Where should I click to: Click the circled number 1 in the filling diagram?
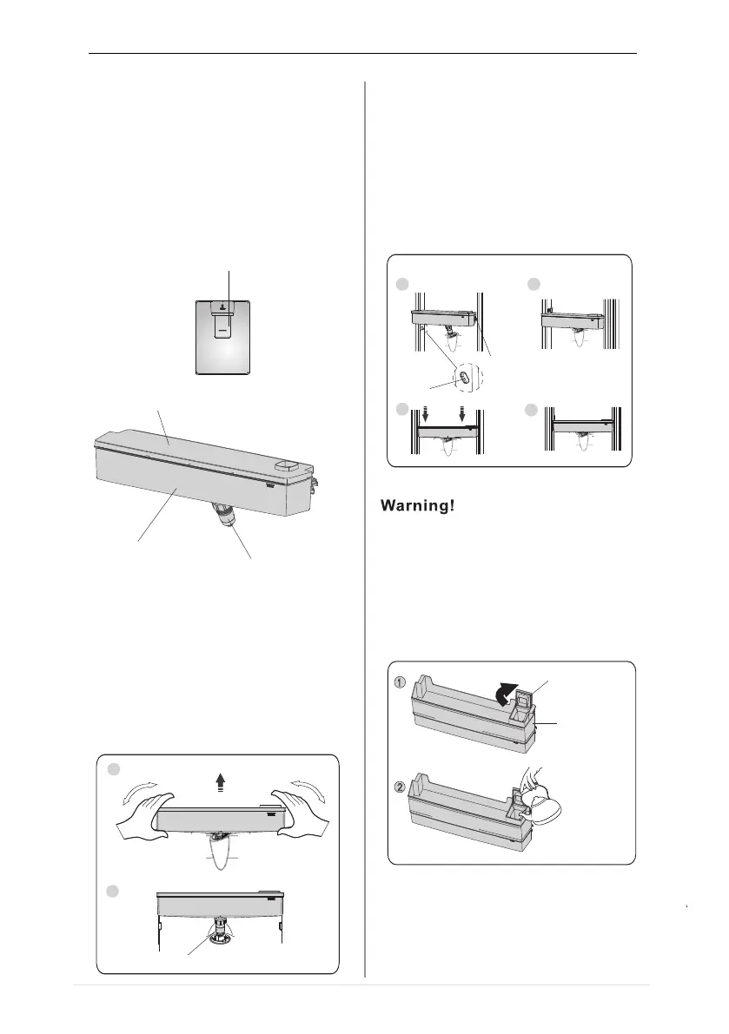(x=401, y=682)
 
